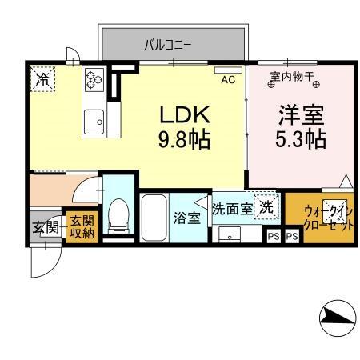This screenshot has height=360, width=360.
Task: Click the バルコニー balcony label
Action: pyautogui.click(x=167, y=45)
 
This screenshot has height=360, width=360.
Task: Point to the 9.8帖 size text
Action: pyautogui.click(x=184, y=141)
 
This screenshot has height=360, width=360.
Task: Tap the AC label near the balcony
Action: pyautogui.click(x=227, y=79)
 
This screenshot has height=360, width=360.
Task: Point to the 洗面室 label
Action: pyautogui.click(x=232, y=209)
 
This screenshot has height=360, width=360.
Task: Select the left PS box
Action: pyautogui.click(x=273, y=237)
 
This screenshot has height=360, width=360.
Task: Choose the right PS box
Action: pyautogui.click(x=292, y=237)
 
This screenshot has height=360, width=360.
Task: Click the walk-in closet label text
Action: pyautogui.click(x=329, y=218)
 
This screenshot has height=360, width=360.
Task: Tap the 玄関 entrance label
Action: pyautogui.click(x=45, y=227)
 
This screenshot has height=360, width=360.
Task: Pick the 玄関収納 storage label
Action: pyautogui.click(x=80, y=227)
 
